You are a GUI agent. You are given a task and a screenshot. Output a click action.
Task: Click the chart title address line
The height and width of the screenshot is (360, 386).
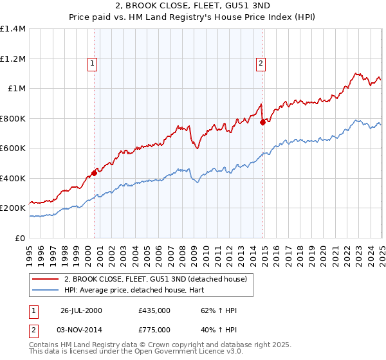coord(193,6)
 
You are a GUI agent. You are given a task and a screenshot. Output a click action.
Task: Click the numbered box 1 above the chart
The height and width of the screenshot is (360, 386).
coord(94,63)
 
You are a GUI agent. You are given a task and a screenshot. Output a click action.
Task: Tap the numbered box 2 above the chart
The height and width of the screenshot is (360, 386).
coord(261,63)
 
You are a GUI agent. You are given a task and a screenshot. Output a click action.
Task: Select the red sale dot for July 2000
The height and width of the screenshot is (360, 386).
coord(94,173)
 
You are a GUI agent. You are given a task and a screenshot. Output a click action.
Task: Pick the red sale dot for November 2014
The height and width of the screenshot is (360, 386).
coord(262,122)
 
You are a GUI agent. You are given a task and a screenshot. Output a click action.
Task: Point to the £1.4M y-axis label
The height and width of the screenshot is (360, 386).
coord(14,29)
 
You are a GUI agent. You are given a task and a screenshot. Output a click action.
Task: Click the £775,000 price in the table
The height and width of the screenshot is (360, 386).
coord(154,329)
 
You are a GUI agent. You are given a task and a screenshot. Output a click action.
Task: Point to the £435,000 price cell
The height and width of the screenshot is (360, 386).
coord(154,310)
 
